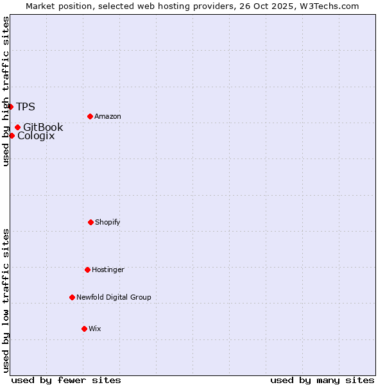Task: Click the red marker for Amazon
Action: point(90,116)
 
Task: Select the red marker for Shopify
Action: point(90,222)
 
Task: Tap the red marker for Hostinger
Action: point(87,269)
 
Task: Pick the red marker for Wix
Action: point(84,329)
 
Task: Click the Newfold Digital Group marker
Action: point(72,297)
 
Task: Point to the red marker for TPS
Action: point(11,107)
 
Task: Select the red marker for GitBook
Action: point(17,127)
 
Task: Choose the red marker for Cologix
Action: point(12,135)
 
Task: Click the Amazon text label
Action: point(108,117)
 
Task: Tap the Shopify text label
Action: point(108,223)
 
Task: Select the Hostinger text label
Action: point(108,270)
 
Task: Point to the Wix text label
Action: point(95,329)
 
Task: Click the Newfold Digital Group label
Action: point(114,298)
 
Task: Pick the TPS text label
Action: point(26,107)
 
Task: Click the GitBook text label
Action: point(43,128)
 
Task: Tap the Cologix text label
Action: point(36,136)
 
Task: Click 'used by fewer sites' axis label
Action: point(66,380)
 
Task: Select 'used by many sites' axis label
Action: point(322,380)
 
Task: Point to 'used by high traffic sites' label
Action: point(6,91)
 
